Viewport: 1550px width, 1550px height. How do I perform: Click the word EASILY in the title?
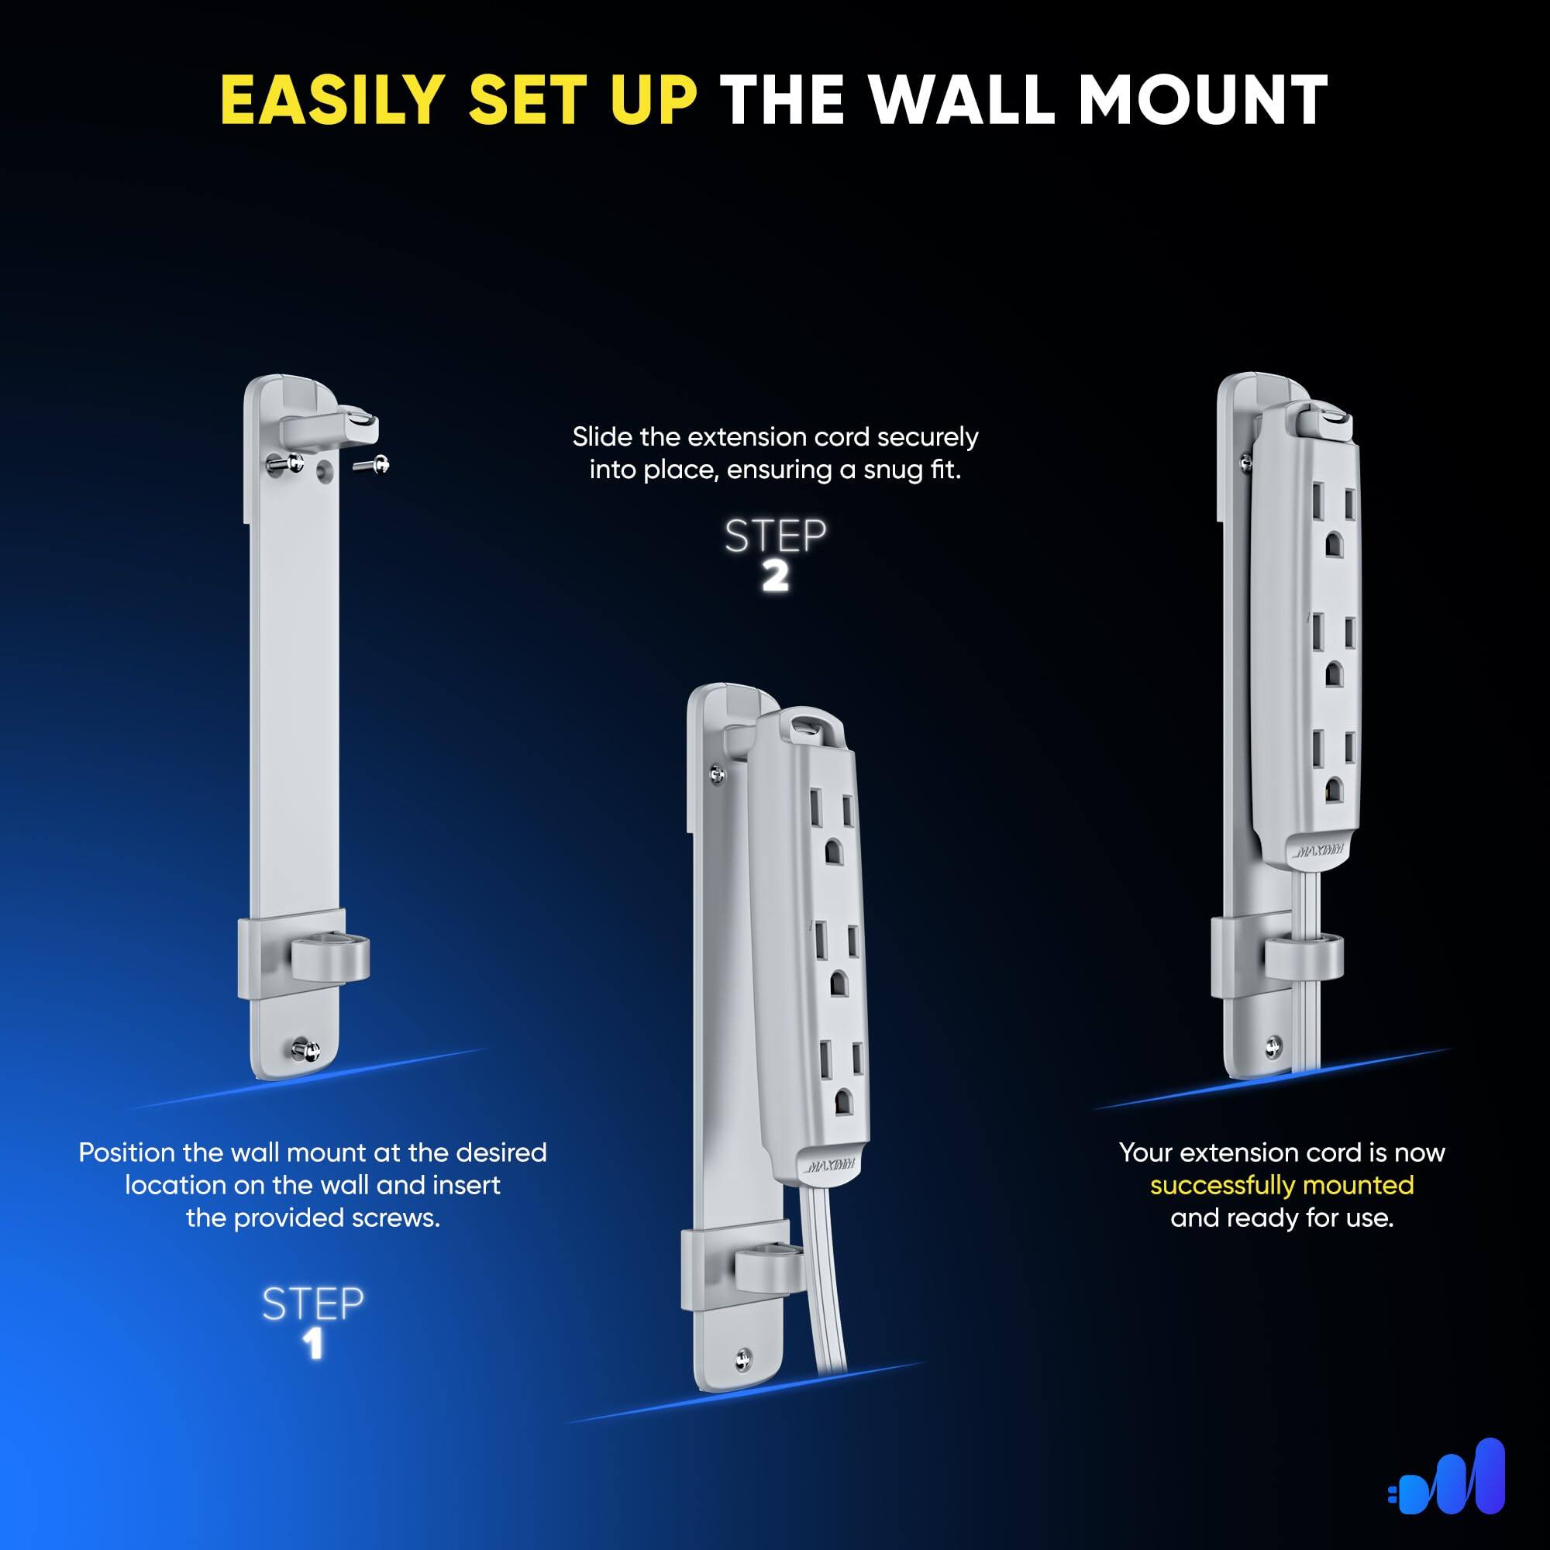coord(332,100)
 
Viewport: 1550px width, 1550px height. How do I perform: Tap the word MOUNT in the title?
coord(1203,100)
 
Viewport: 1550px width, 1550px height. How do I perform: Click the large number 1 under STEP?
coord(314,1345)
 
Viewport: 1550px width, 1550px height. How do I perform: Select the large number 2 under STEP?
coord(775,577)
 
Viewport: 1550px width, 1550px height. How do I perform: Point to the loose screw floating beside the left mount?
coord(372,463)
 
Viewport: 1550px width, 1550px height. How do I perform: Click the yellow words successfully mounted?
coord(1281,1185)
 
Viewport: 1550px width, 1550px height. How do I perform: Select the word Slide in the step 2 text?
coord(598,437)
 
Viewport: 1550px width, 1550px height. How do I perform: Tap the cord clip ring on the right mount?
coord(1304,952)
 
